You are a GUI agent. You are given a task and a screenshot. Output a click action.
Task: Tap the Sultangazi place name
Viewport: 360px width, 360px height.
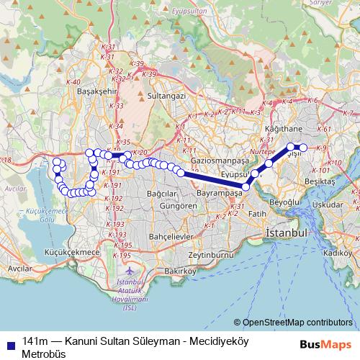coord(166,94)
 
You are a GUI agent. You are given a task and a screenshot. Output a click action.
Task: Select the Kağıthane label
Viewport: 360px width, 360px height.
coord(283,127)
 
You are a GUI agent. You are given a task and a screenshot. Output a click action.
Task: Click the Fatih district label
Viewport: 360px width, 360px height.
coord(258,214)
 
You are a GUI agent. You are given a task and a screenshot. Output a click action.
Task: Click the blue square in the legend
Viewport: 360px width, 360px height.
coord(9,341)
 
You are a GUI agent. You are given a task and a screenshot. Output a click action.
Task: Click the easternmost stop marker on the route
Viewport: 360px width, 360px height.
coord(303,148)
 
